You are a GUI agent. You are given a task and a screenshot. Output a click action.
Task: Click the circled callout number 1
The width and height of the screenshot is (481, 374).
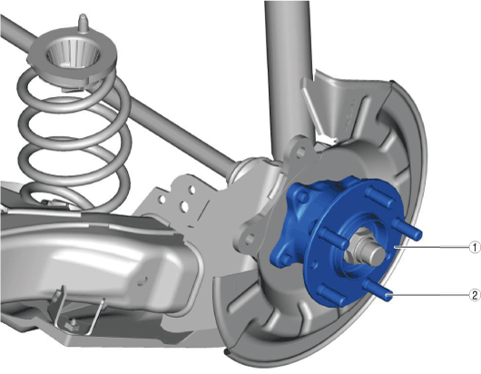(x=476, y=247)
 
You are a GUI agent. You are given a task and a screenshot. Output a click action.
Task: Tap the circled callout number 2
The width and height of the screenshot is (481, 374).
(x=476, y=295)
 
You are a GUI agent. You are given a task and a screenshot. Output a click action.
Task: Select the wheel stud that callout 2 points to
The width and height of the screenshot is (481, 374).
(x=378, y=290)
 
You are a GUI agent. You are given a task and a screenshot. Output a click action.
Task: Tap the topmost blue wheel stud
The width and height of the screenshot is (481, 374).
(x=379, y=195)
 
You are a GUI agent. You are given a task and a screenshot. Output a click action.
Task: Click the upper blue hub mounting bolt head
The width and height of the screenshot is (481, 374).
(x=302, y=196)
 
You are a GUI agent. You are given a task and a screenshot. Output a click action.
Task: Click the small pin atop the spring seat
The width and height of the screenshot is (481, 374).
(x=82, y=23)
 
